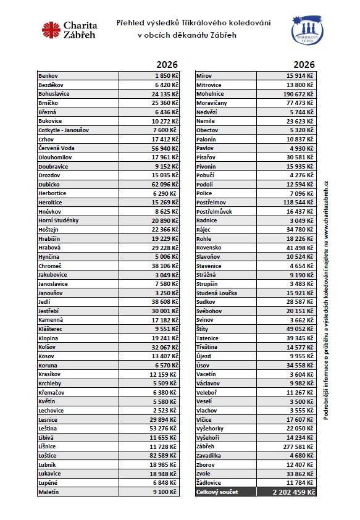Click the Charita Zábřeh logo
click(x=69, y=29)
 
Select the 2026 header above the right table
click(x=304, y=65)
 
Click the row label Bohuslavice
click(x=54, y=94)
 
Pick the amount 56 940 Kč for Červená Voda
click(x=158, y=148)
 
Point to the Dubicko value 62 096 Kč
click(x=158, y=184)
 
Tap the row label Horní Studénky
click(x=58, y=220)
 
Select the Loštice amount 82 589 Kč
click(x=158, y=455)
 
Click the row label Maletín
click(x=49, y=492)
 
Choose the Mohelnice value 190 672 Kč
click(x=294, y=94)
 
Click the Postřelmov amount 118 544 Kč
click(x=294, y=202)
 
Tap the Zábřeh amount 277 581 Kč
click(x=294, y=447)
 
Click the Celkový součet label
click(x=217, y=492)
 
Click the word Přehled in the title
click(x=132, y=23)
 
